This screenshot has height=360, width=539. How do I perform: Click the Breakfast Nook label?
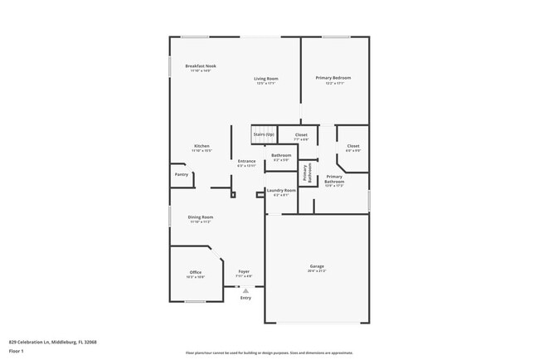pos(201,66)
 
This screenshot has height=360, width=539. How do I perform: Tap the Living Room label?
pos(266,79)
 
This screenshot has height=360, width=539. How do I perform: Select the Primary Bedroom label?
pos(333,78)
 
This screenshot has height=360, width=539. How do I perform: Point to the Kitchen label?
pos(202,146)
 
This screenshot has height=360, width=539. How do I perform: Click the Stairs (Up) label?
pos(264,134)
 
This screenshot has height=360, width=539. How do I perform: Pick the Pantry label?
pos(181,174)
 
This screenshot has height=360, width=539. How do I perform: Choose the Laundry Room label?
pos(280,191)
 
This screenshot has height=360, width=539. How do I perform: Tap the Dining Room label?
pos(201,217)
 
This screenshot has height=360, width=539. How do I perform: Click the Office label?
pos(196,272)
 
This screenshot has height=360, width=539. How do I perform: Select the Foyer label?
pos(245,271)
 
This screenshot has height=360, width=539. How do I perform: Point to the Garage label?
pos(317,266)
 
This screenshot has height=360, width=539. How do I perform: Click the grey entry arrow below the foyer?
pos(245,290)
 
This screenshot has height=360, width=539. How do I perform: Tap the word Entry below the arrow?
pos(245,298)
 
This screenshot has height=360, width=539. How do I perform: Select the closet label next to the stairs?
pos(301,134)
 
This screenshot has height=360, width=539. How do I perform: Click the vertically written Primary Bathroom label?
pos(305,173)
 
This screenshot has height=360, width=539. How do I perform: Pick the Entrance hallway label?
pos(246,161)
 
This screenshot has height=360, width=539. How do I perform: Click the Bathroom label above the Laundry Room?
pos(280,155)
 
